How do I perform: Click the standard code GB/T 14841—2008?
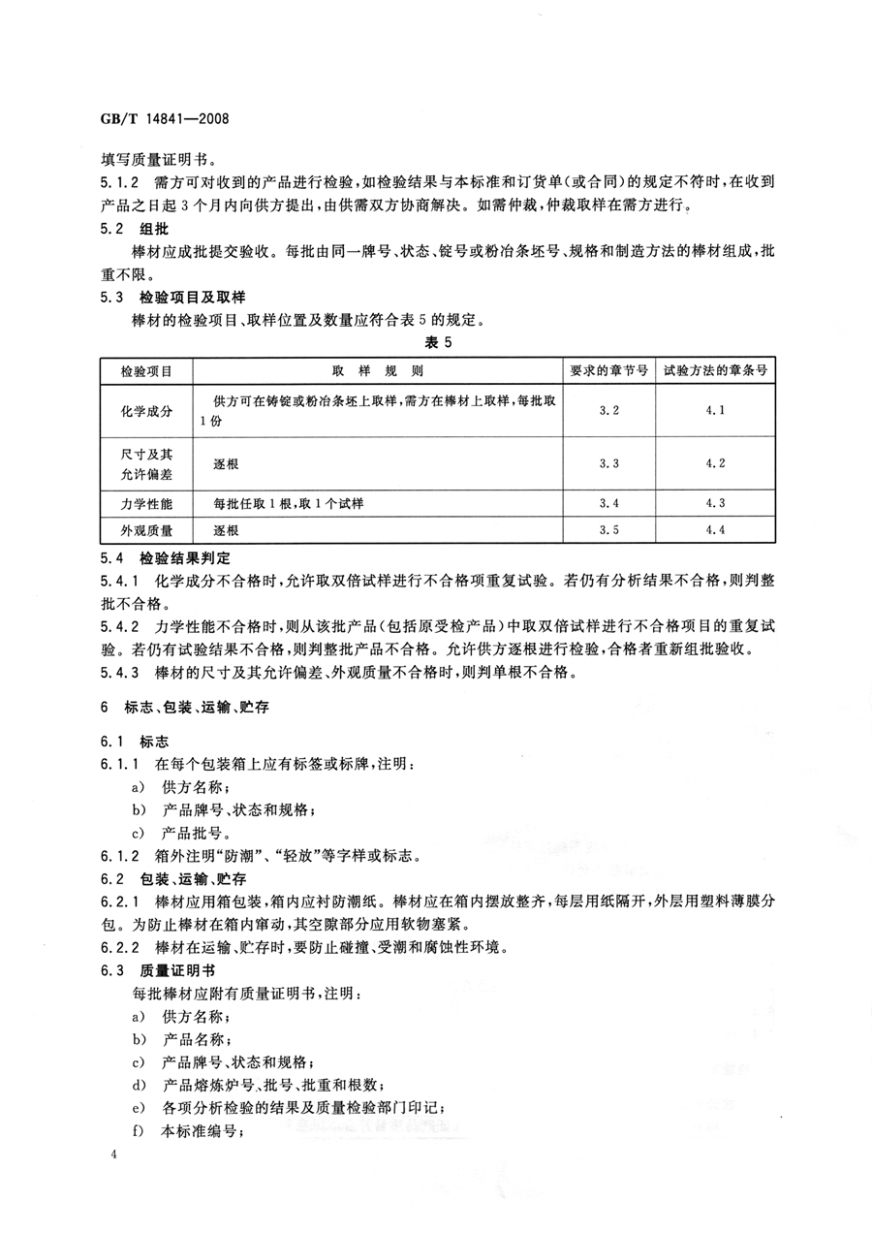click(x=164, y=120)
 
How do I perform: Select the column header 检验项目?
click(x=146, y=370)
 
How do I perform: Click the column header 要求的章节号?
click(x=608, y=370)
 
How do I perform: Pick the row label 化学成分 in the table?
click(x=146, y=411)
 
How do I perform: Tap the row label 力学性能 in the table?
click(x=146, y=503)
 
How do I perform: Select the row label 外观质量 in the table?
click(x=146, y=530)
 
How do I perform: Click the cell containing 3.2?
click(x=608, y=411)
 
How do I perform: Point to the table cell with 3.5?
click(x=608, y=530)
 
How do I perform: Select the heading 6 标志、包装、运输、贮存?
click(x=184, y=709)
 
